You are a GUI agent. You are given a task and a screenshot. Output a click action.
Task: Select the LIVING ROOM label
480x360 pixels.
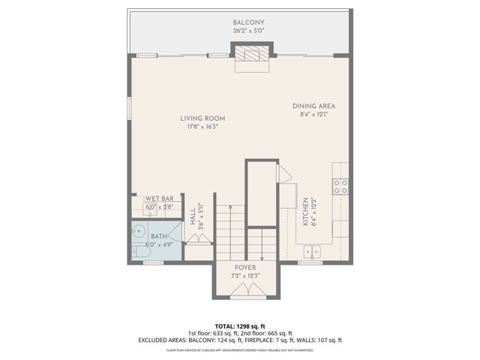click(202, 118)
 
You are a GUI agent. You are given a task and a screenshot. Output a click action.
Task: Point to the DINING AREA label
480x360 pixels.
click(313, 106)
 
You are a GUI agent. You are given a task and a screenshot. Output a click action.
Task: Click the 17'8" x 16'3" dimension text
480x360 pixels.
click(202, 127)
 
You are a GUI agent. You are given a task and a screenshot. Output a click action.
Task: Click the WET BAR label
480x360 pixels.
click(159, 199)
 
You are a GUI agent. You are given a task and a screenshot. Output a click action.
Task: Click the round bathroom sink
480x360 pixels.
click(139, 231)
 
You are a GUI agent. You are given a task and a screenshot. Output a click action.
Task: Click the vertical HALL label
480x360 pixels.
click(192, 217)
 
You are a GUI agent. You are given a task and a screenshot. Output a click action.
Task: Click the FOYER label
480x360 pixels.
click(245, 268)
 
